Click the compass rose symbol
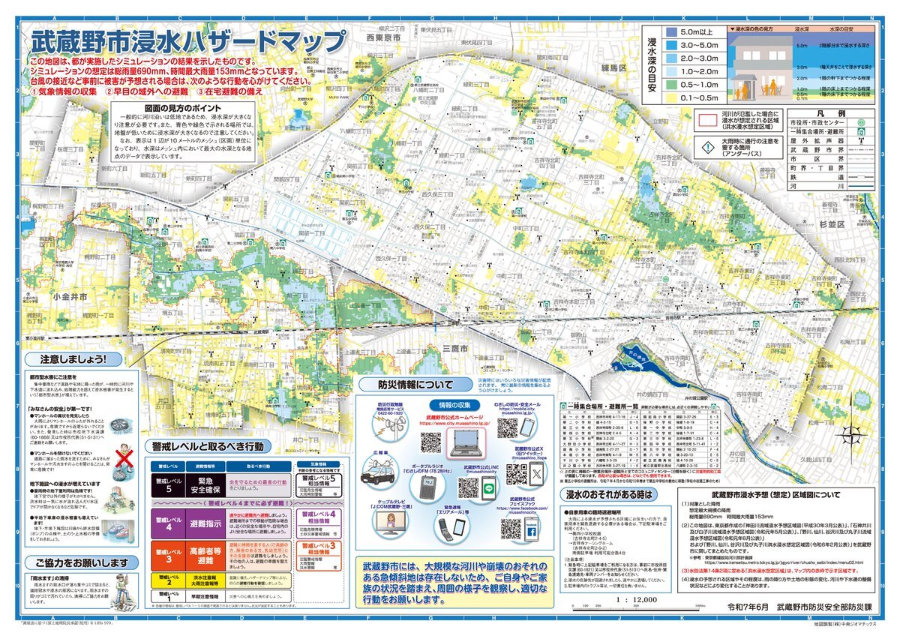(852, 433)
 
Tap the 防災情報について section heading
(406, 385)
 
